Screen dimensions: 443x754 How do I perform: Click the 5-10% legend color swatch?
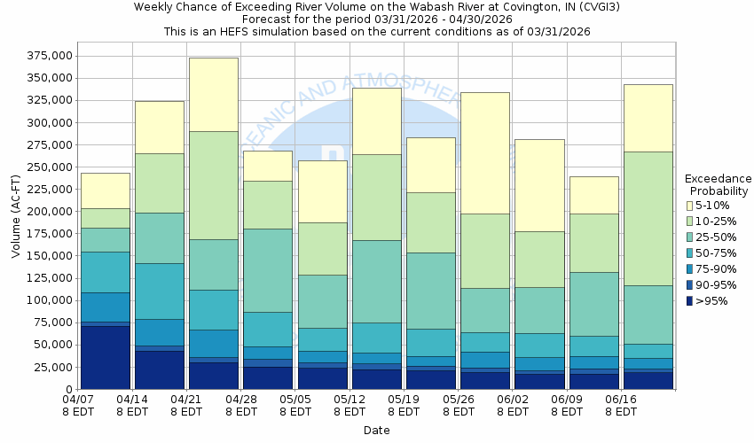690,206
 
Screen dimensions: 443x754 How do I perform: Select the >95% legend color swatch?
690,301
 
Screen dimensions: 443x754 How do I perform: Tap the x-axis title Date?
376,430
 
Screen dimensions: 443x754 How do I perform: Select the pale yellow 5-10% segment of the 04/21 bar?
214,94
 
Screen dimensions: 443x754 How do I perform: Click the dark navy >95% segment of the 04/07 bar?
105,358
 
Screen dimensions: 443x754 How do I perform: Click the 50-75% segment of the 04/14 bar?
160,291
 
